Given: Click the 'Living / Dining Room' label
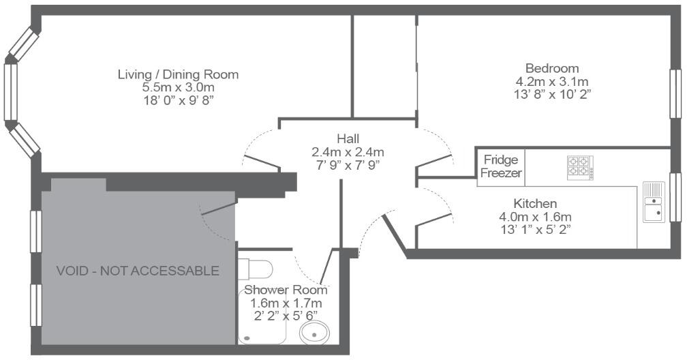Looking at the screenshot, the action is pyautogui.click(x=178, y=74).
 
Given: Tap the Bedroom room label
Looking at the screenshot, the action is pyautogui.click(x=552, y=68).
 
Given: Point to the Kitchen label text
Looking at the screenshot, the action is pyautogui.click(x=535, y=203).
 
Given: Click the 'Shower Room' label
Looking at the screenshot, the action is pyautogui.click(x=286, y=290).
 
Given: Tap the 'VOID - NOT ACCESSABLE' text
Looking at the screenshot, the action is pyautogui.click(x=138, y=271).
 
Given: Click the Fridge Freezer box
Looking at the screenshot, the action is pyautogui.click(x=501, y=166).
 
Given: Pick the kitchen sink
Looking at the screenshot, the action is pyautogui.click(x=654, y=202).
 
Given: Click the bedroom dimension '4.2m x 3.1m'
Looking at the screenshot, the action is pyautogui.click(x=552, y=81).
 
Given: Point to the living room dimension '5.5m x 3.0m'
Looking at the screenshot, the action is pyautogui.click(x=178, y=87).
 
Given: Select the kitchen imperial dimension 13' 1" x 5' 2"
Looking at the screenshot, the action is pyautogui.click(x=535, y=228).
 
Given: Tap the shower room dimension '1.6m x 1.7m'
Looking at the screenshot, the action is pyautogui.click(x=286, y=302).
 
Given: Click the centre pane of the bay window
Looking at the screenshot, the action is pyautogui.click(x=10, y=93).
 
